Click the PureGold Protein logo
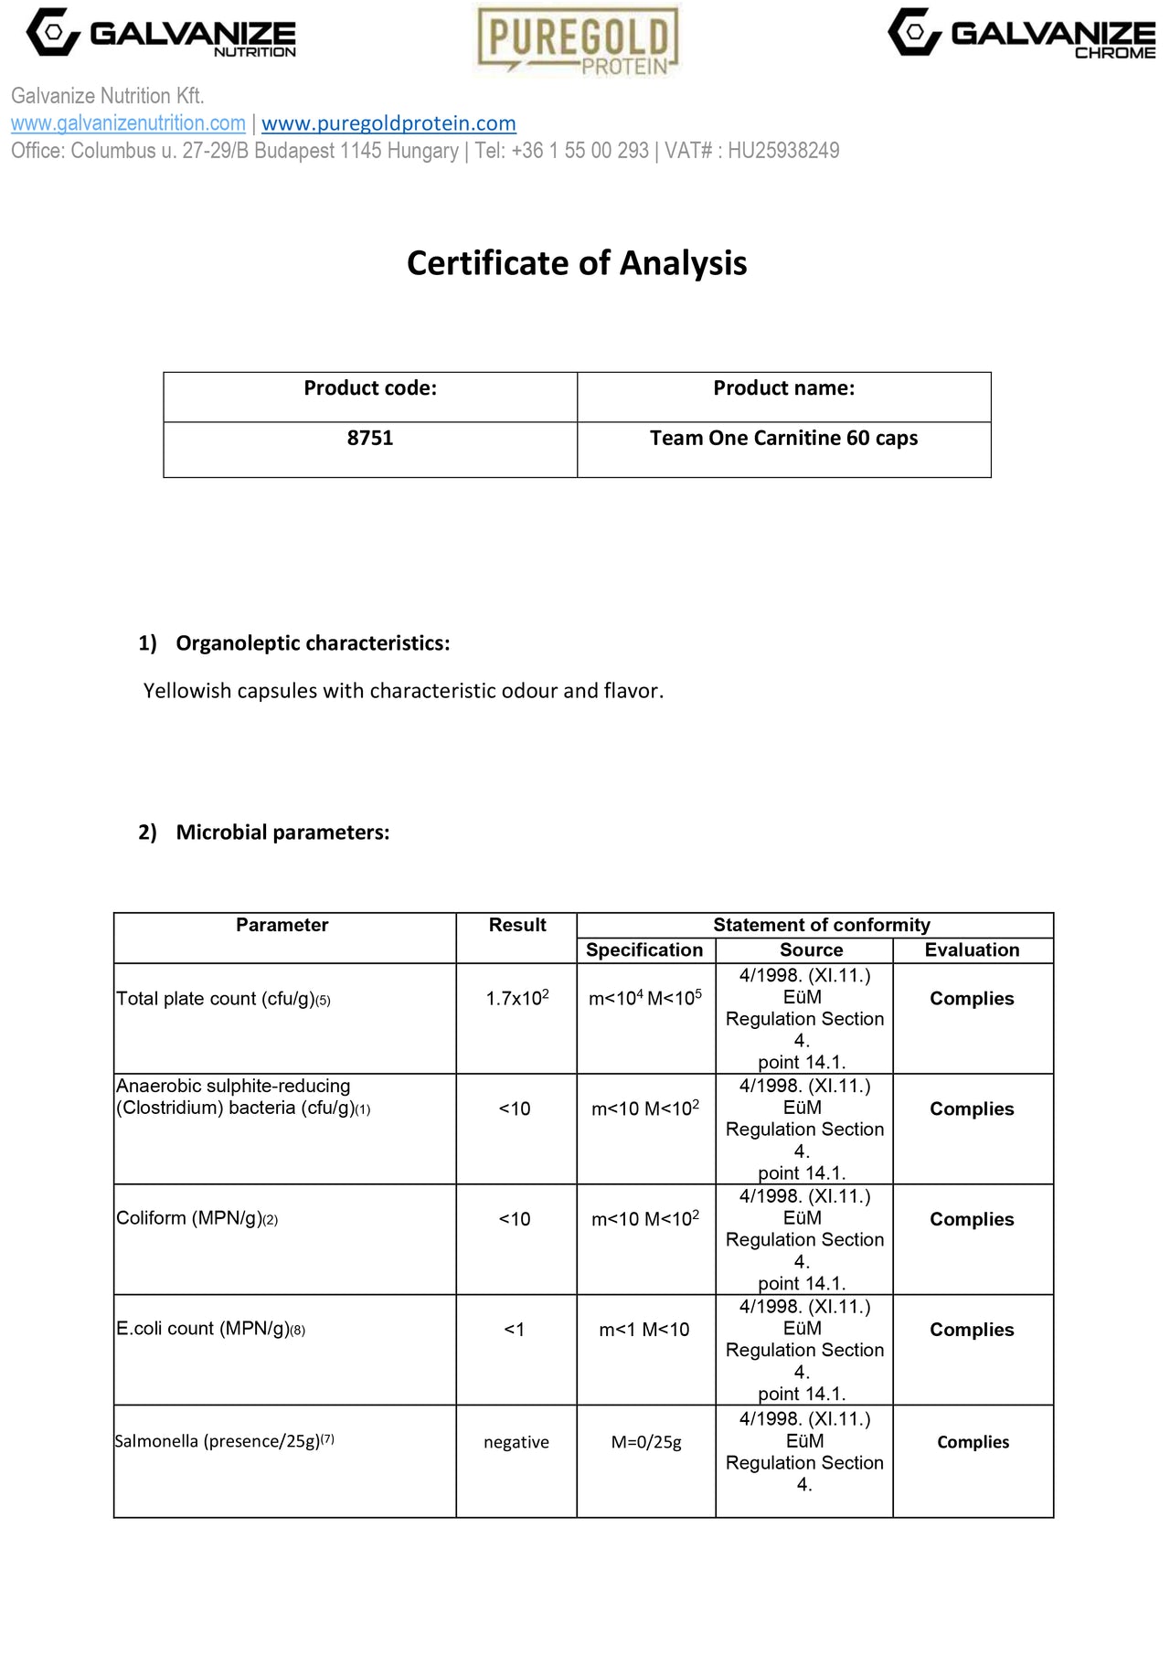pyautogui.click(x=578, y=40)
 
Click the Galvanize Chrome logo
pyautogui.click(x=1021, y=35)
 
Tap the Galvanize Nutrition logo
pyautogui.click(x=161, y=34)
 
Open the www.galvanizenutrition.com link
pyautogui.click(x=128, y=123)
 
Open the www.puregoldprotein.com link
pyautogui.click(x=388, y=123)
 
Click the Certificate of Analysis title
pyautogui.click(x=577, y=263)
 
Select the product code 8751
pyautogui.click(x=370, y=439)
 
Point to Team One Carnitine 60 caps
pyautogui.click(x=783, y=439)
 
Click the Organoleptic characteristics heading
pyautogui.click(x=313, y=643)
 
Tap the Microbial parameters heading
pyautogui.click(x=282, y=833)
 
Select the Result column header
pyautogui.click(x=517, y=925)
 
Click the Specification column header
pyautogui.click(x=644, y=950)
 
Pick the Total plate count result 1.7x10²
pyautogui.click(x=517, y=998)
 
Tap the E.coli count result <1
pyautogui.click(x=515, y=1330)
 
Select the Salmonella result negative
pyautogui.click(x=516, y=1442)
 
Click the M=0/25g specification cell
pyautogui.click(x=646, y=1442)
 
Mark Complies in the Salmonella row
pyautogui.click(x=973, y=1442)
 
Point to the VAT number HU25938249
pyautogui.click(x=783, y=151)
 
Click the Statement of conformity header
pyautogui.click(x=821, y=925)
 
